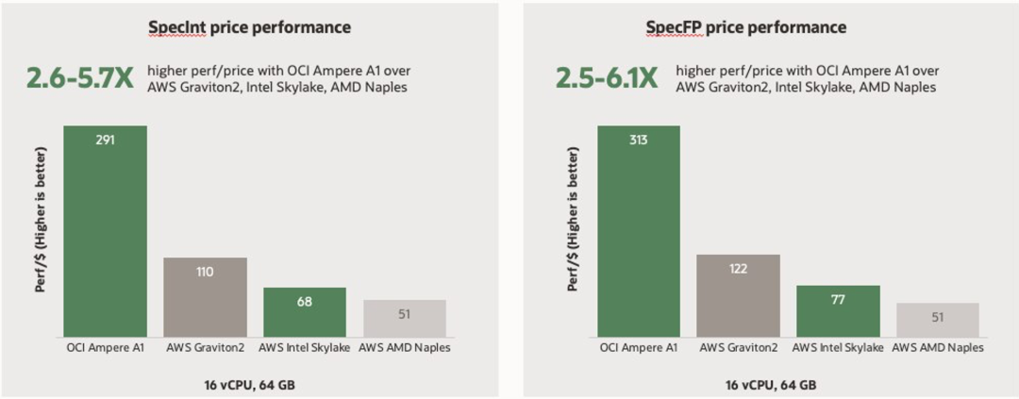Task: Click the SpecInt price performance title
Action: pyautogui.click(x=249, y=27)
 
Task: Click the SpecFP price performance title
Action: pyautogui.click(x=745, y=27)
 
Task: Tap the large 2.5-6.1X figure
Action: pyautogui.click(x=607, y=78)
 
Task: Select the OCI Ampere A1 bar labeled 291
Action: pyautogui.click(x=105, y=231)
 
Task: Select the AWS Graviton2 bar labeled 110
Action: pyautogui.click(x=205, y=297)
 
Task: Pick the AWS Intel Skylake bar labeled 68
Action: pyautogui.click(x=305, y=312)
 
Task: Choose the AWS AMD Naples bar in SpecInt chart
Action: pyautogui.click(x=405, y=319)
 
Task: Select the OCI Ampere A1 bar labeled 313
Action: pyautogui.click(x=639, y=231)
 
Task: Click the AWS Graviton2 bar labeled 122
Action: pyautogui.click(x=739, y=295)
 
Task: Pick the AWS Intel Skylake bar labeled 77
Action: pyautogui.click(x=839, y=310)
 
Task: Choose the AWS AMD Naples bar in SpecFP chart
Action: pyautogui.click(x=938, y=320)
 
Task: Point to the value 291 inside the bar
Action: pyautogui.click(x=105, y=140)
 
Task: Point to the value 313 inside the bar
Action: pyautogui.click(x=639, y=140)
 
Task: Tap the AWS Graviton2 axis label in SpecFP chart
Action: pyautogui.click(x=739, y=347)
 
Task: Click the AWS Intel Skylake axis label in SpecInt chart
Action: pyautogui.click(x=305, y=347)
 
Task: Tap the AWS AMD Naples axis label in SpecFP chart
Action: pyautogui.click(x=938, y=347)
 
